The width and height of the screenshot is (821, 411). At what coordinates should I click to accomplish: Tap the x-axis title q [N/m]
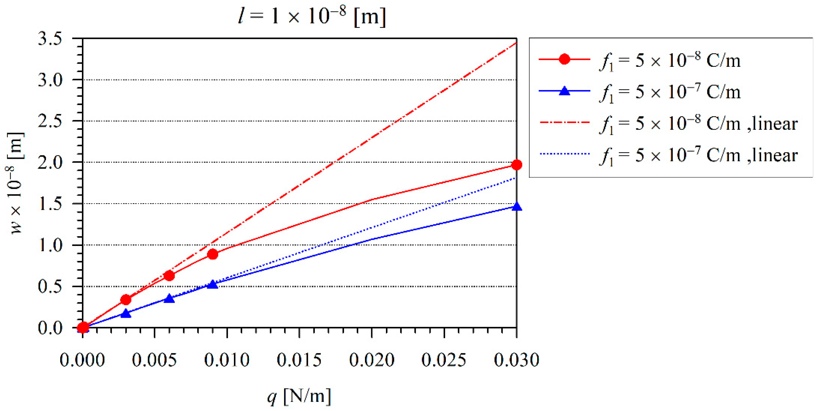(299, 396)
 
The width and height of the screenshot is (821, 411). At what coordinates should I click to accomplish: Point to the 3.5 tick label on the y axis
(50, 39)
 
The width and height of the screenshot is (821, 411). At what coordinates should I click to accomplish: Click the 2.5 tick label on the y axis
(50, 121)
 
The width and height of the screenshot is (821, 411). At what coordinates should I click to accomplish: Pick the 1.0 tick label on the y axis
(50, 245)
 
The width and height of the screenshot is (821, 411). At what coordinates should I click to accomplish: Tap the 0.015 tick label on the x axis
(299, 360)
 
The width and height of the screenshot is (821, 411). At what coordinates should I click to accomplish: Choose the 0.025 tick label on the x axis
(444, 360)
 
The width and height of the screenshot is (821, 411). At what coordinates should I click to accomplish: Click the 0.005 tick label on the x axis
(154, 360)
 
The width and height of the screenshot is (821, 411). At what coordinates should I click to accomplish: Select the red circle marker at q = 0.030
(516, 165)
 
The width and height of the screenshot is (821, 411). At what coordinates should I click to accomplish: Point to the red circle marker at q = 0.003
(126, 300)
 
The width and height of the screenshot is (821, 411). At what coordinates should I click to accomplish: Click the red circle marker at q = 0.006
(169, 275)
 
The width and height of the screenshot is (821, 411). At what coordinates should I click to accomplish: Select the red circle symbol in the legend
(564, 59)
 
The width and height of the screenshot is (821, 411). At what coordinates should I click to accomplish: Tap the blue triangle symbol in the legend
(564, 91)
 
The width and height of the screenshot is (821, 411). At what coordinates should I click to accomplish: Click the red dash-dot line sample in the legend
(564, 123)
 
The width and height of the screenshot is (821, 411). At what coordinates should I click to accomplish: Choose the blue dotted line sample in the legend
(564, 154)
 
